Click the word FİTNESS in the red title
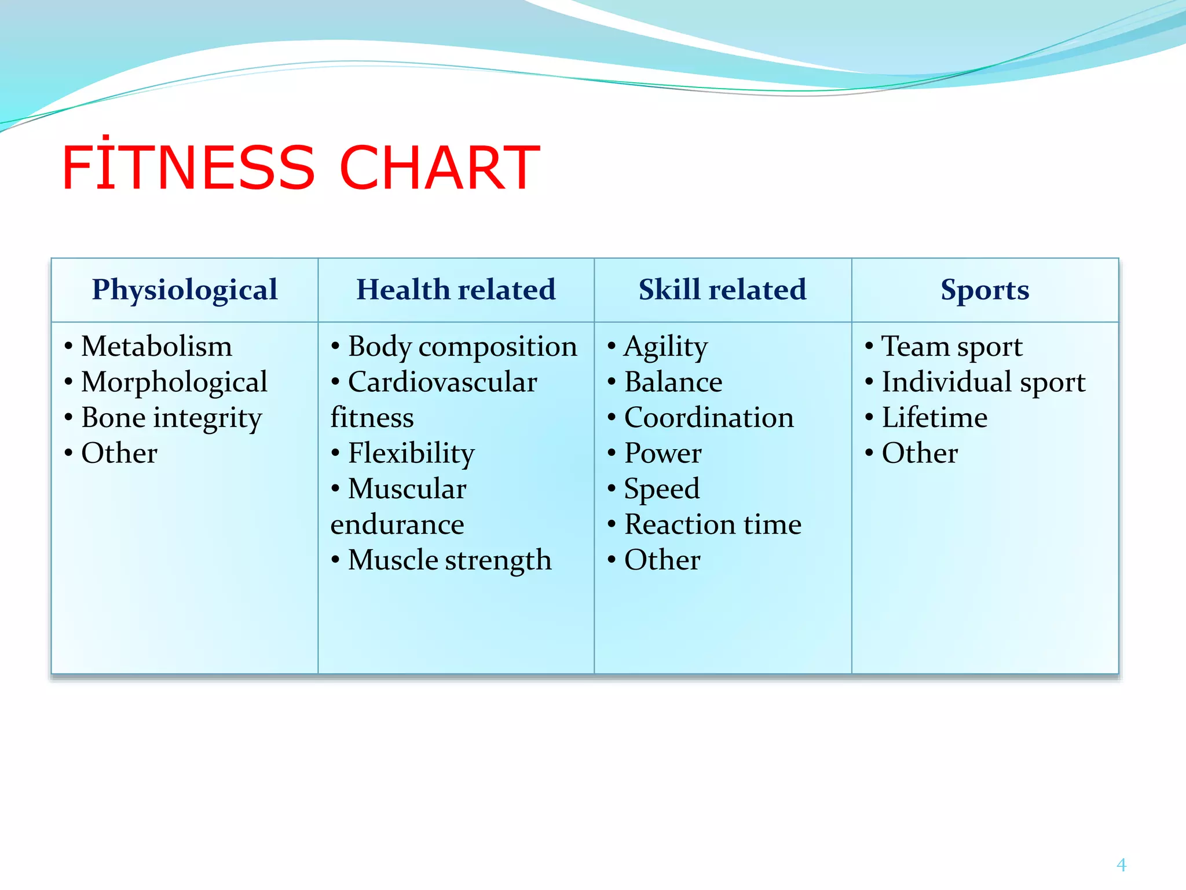(188, 168)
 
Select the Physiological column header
(185, 290)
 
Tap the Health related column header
(456, 290)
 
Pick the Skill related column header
(722, 290)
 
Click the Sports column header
(984, 290)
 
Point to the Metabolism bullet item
(156, 346)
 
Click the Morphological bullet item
(174, 382)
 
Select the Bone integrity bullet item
(171, 418)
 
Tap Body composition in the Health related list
(462, 346)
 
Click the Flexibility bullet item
(411, 453)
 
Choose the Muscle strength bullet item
(449, 560)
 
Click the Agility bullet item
(666, 346)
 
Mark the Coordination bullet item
(709, 418)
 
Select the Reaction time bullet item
(713, 524)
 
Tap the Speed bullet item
(662, 489)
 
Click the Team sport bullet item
(952, 346)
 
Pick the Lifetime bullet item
(934, 418)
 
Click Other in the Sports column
(920, 453)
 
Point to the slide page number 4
(1121, 865)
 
